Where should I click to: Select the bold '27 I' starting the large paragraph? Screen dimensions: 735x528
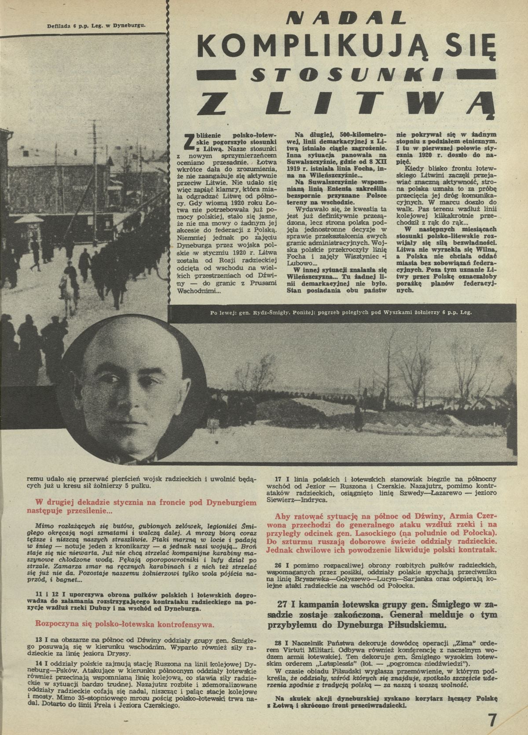tap(286, 603)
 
